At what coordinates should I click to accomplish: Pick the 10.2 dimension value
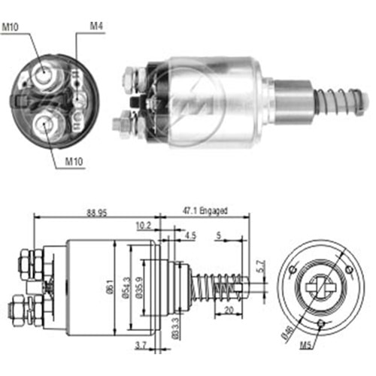point(143,224)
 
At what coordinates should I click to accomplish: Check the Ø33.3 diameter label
point(175,327)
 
